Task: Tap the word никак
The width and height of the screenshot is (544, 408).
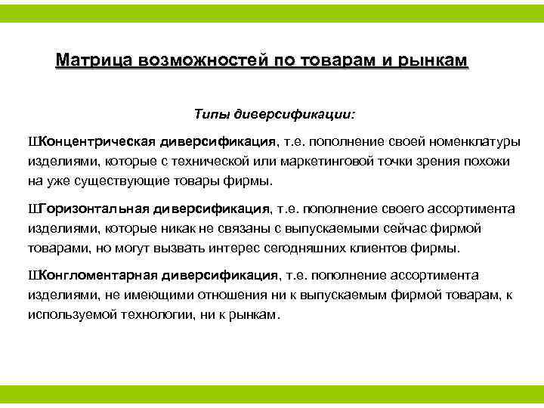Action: coord(166,228)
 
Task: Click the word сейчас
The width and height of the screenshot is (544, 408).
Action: coord(396,228)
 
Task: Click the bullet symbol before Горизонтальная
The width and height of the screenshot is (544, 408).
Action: coord(32,209)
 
